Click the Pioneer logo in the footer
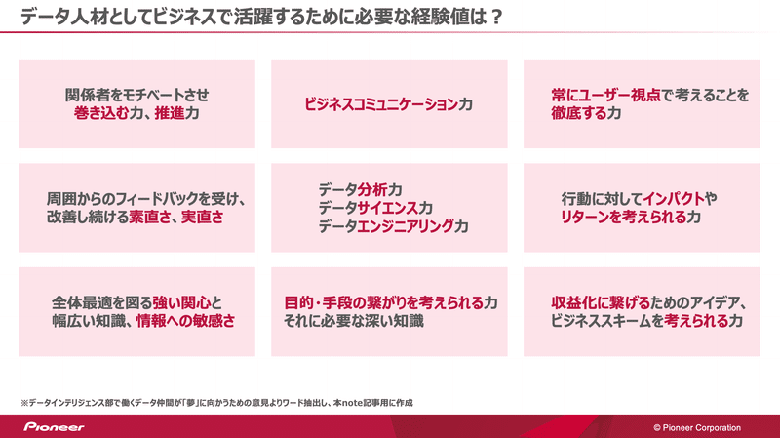tap(55, 427)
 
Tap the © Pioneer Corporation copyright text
tap(697, 427)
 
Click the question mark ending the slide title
tap(495, 17)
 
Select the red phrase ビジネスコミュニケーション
tap(380, 104)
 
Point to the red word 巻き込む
tap(101, 113)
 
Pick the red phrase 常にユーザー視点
tap(605, 95)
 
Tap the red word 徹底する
tap(578, 113)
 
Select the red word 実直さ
tap(202, 217)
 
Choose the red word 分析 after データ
tap(372, 189)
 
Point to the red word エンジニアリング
tap(406, 226)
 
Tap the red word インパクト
tap(674, 199)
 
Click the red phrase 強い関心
tap(181, 302)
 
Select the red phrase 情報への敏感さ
tap(185, 321)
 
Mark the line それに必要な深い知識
tap(354, 321)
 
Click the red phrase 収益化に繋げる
tap(601, 302)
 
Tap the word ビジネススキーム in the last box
tap(601, 321)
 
